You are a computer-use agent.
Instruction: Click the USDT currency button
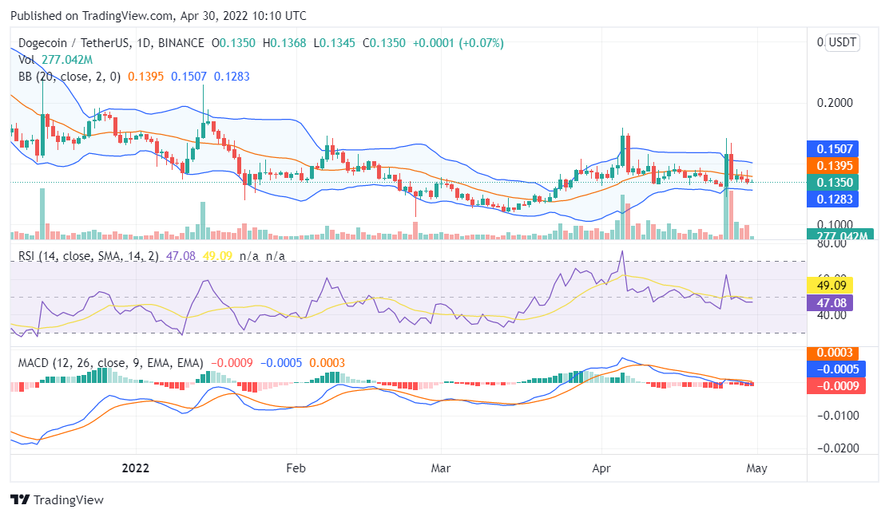pyautogui.click(x=843, y=43)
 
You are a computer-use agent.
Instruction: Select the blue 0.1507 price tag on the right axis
pyautogui.click(x=835, y=148)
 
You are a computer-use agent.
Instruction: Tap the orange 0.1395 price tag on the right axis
pyautogui.click(x=835, y=165)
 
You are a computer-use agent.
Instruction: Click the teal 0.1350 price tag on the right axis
pyautogui.click(x=835, y=183)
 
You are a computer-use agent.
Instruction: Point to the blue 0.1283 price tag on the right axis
pyautogui.click(x=835, y=199)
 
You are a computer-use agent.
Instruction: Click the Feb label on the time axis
pyautogui.click(x=296, y=468)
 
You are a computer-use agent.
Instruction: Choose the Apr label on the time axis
pyautogui.click(x=601, y=468)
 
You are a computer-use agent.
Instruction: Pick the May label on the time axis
pyautogui.click(x=756, y=468)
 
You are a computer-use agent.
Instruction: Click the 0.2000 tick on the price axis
pyautogui.click(x=835, y=103)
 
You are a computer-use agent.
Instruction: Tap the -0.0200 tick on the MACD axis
pyautogui.click(x=835, y=448)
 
